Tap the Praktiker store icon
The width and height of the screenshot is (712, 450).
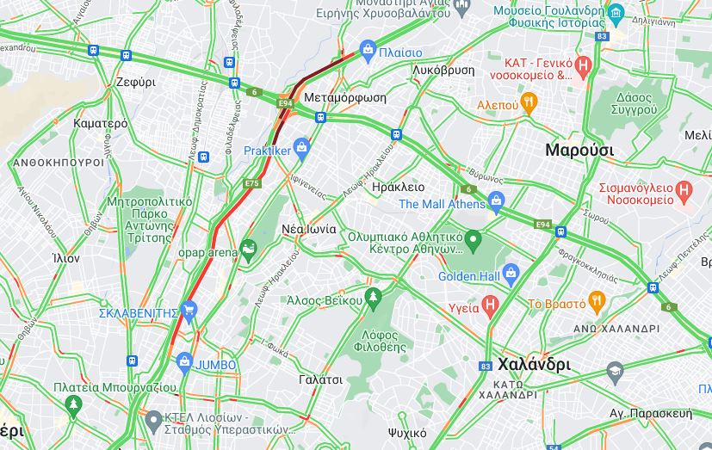point(301,149)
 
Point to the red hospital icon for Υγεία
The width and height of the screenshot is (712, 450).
point(490,305)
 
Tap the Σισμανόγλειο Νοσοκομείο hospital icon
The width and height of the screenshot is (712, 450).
point(684,190)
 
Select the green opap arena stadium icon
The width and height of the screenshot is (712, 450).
point(248,250)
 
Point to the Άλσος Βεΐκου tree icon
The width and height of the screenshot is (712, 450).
point(373,299)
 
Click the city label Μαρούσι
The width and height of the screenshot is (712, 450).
point(579,150)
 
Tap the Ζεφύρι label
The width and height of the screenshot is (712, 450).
point(135,83)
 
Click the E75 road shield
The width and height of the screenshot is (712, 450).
point(251,183)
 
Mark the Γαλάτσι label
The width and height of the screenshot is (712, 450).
point(320,379)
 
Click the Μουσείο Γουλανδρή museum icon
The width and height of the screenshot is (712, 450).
point(615,13)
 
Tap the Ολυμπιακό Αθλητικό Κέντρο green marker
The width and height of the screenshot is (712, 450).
point(473,237)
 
